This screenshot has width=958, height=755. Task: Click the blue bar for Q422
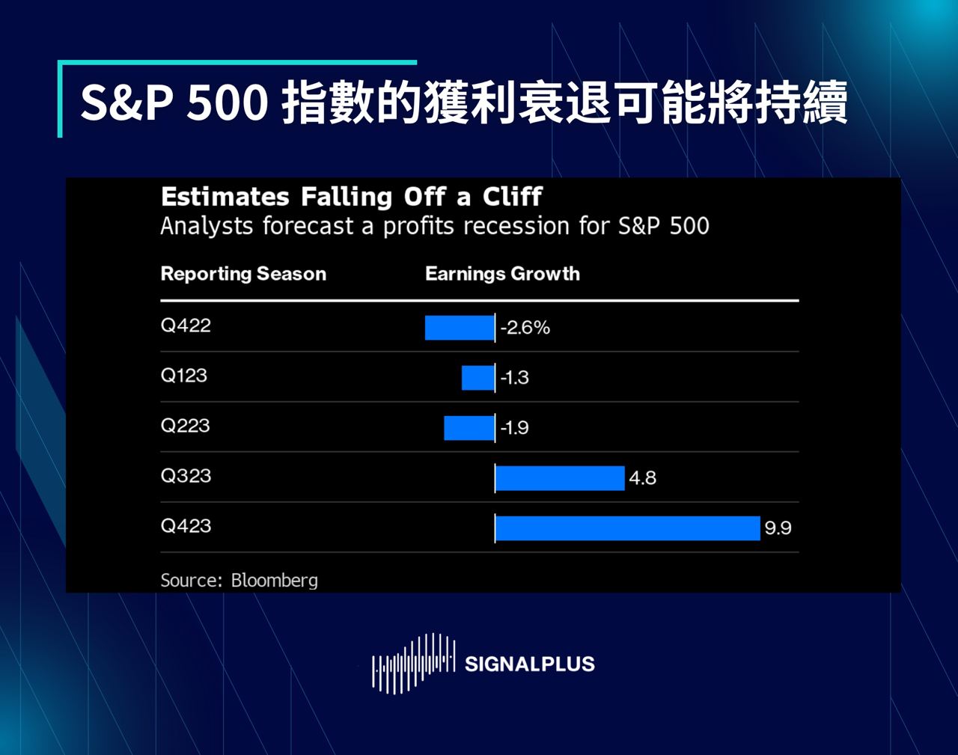(460, 328)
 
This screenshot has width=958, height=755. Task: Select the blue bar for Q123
(478, 378)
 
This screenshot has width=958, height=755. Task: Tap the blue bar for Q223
(469, 428)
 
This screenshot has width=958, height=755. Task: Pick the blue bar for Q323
(560, 478)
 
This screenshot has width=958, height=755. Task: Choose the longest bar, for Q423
(628, 528)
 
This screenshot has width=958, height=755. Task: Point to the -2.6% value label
(525, 328)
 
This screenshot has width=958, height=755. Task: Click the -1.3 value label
(515, 378)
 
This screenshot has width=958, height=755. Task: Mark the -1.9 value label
(515, 428)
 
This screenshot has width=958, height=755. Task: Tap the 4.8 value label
(642, 478)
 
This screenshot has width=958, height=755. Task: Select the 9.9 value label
(778, 528)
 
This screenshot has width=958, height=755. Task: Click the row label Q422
(186, 325)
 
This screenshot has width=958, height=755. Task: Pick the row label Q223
(185, 426)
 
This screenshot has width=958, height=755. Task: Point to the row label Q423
(186, 527)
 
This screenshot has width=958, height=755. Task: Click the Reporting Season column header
(243, 274)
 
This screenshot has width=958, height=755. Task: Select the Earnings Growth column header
(503, 274)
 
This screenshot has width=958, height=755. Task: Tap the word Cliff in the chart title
(513, 196)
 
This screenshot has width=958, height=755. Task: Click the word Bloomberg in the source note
(275, 581)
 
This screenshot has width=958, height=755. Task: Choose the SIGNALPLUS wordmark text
(530, 664)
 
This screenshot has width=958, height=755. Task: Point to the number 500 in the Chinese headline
(227, 103)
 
